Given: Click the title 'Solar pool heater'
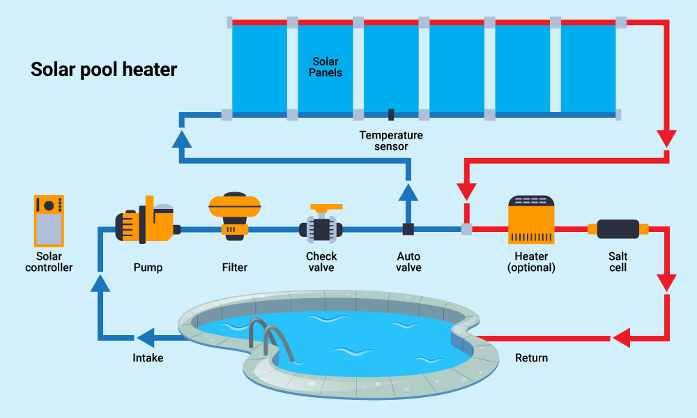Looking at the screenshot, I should pos(104,70).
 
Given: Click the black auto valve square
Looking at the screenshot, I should pos(408,229).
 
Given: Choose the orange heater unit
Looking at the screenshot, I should pos(531,219).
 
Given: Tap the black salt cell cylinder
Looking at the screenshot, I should pos(618,229).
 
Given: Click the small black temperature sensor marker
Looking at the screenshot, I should pos(391,114).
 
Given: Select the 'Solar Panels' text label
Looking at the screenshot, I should pos(327,67).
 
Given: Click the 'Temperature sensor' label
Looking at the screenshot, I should pos(391,141).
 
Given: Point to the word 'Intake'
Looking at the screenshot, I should pos(148,358).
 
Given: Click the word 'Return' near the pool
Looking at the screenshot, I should pos(531,358).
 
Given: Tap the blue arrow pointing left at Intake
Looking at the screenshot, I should pos(146,339).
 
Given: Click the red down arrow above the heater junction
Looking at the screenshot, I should pos(466,190).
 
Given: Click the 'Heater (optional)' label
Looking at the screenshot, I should pos(531,262).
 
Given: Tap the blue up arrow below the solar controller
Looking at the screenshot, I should pos(101,282).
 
